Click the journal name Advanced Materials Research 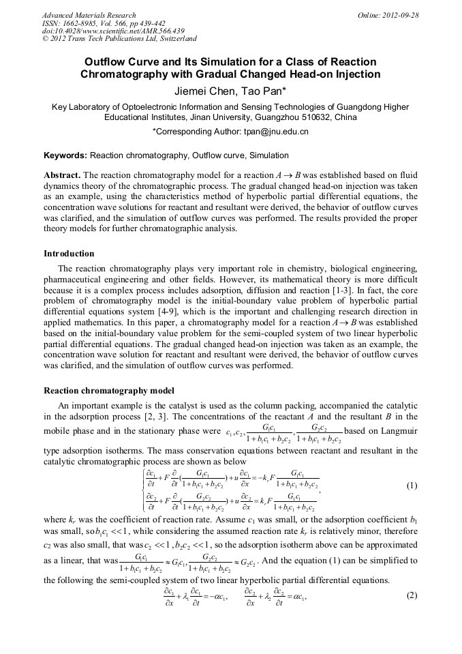(89, 15)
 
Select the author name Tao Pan (254, 90)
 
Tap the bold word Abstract (62, 175)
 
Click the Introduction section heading (69, 254)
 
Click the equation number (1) (411, 486)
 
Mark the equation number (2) (411, 595)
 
